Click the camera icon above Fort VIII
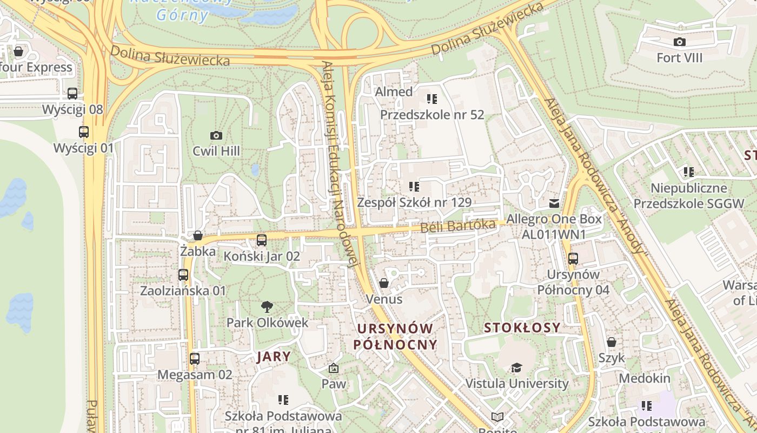tap(679, 42)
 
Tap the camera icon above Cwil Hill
tap(216, 135)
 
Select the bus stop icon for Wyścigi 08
tap(72, 94)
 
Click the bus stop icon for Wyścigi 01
tap(84, 132)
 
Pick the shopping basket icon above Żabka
tap(198, 235)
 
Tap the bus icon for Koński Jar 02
tap(262, 240)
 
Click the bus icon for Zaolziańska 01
tap(183, 275)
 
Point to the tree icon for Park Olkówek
tap(267, 307)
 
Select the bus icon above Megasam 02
tap(195, 358)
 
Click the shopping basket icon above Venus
tap(384, 283)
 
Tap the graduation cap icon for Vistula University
tap(517, 368)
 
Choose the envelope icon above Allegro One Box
tap(554, 204)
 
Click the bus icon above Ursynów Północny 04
tap(573, 259)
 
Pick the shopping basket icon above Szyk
tap(612, 342)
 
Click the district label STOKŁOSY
tap(522, 327)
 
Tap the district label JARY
tap(274, 357)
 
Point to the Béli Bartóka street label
tap(458, 226)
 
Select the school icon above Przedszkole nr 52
tap(431, 99)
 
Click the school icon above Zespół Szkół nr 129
tap(414, 187)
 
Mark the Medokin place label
tap(644, 378)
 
